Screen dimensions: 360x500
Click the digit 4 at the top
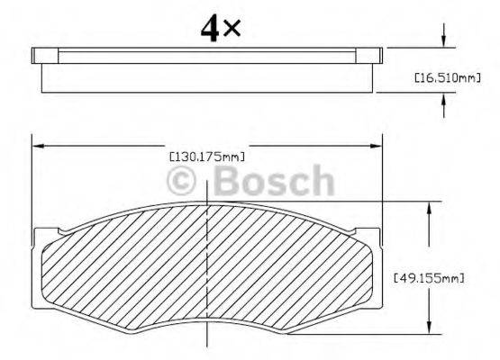click(212, 28)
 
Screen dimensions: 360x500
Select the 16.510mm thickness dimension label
click(445, 79)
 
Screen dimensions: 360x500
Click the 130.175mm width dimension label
click(208, 156)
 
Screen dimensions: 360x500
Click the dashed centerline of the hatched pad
click(209, 270)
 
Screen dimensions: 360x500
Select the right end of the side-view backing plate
click(379, 55)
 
